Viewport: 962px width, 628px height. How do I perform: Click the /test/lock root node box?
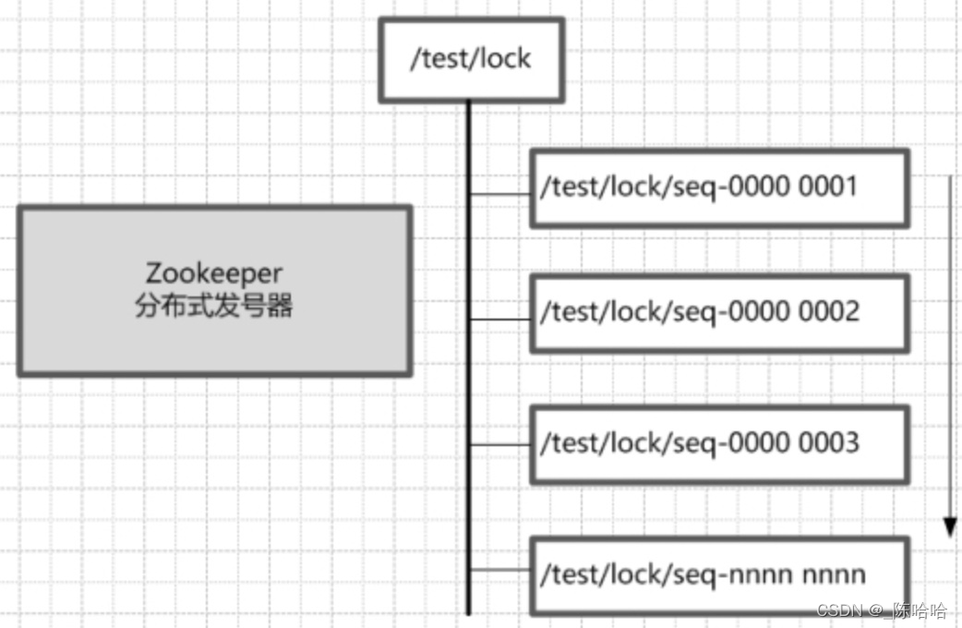click(x=471, y=59)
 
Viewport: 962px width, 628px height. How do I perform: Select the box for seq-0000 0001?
click(x=719, y=187)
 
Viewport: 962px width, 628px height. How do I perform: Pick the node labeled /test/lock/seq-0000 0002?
click(x=719, y=312)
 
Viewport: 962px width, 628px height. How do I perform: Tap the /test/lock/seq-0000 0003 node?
click(x=719, y=443)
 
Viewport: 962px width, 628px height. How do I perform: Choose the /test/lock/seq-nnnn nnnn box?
click(x=719, y=575)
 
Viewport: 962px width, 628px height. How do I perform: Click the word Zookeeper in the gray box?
click(x=213, y=273)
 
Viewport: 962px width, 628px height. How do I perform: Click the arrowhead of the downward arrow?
click(x=949, y=526)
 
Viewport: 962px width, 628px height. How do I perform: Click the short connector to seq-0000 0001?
click(x=500, y=195)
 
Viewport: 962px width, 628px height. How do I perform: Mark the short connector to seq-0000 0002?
click(x=500, y=320)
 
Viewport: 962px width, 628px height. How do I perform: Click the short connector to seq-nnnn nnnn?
click(x=500, y=570)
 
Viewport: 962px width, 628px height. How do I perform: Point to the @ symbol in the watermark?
click(x=872, y=610)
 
